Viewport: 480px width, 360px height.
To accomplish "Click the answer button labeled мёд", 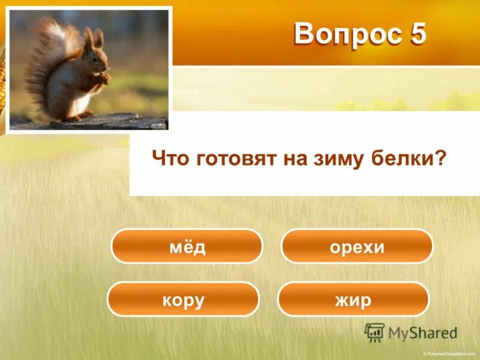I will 187,246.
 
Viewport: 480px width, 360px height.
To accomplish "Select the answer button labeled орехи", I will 357,246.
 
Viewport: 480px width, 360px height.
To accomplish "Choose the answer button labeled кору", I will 183,299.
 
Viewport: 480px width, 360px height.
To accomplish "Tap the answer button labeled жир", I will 354,299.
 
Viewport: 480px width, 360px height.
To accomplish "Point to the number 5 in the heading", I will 417,35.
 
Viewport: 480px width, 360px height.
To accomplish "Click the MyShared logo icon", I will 374,332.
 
